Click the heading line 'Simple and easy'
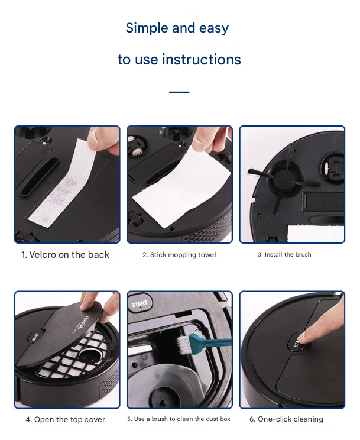[177, 28]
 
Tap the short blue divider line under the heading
[179, 92]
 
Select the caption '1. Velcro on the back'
[66, 255]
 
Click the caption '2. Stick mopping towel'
[179, 255]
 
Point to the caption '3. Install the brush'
[284, 255]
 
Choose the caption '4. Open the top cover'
[65, 419]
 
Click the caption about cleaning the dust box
[179, 419]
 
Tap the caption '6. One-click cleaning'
[286, 419]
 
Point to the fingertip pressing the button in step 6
[301, 337]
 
